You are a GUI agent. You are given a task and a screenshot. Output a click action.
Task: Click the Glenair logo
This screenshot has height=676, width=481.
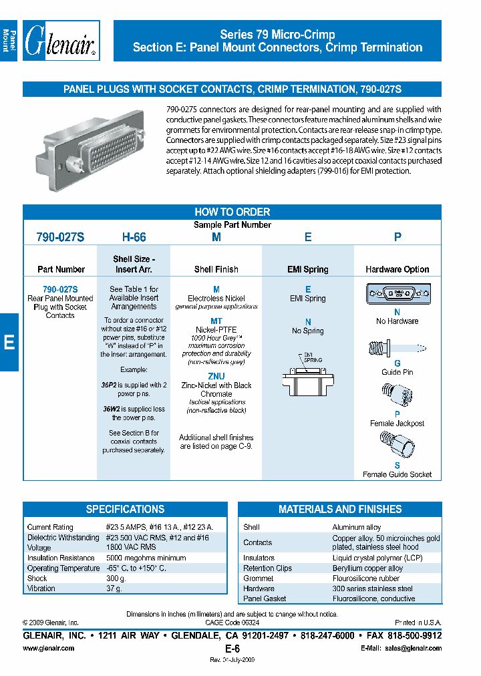[61, 41]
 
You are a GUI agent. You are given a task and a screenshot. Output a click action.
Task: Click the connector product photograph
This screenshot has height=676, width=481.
[93, 150]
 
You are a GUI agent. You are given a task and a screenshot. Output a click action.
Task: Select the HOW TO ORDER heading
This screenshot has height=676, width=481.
[232, 212]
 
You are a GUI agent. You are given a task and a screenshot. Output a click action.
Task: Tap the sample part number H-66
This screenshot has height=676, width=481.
[134, 237]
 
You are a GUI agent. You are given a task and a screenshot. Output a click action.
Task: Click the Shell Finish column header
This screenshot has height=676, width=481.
[216, 269]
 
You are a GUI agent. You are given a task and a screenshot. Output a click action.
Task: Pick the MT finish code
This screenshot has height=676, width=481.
[216, 321]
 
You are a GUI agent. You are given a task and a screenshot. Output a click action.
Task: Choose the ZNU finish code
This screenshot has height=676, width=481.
[216, 377]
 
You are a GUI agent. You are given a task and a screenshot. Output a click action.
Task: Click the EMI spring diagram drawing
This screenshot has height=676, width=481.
[308, 375]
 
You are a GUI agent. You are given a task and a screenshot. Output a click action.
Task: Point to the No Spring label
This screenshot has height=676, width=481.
[308, 331]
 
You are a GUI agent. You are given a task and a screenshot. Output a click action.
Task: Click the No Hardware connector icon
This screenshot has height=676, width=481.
[397, 295]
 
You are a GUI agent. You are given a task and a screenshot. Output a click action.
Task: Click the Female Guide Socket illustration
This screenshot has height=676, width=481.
[393, 445]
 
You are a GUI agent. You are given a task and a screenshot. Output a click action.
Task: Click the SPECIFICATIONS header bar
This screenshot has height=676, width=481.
[125, 509]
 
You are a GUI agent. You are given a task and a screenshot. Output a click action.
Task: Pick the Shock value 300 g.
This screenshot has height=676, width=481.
[116, 578]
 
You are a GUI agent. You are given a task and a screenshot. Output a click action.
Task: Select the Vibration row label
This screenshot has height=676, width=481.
[41, 588]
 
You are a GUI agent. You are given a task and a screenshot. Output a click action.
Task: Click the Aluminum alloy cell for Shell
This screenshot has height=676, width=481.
[357, 527]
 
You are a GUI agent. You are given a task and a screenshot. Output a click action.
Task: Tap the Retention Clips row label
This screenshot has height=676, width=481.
[267, 568]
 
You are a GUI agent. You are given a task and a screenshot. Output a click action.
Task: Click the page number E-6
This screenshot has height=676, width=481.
[232, 649]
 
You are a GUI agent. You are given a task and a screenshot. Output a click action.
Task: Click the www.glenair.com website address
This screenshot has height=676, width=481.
[49, 648]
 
